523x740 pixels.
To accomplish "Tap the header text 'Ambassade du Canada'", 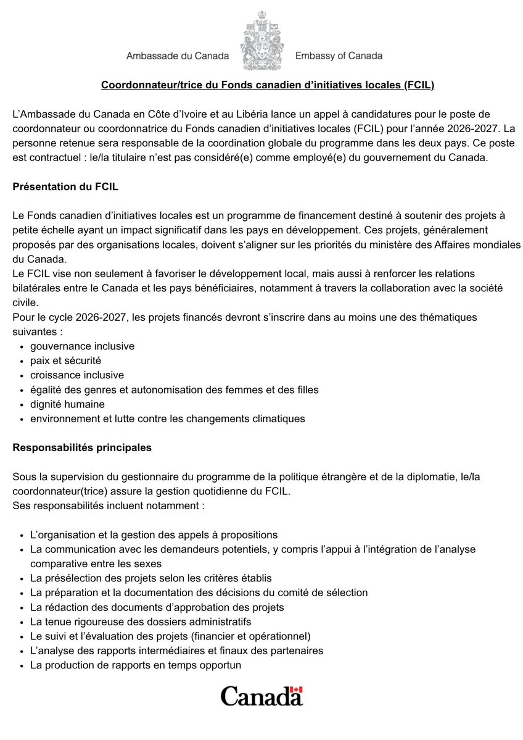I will (x=177, y=56).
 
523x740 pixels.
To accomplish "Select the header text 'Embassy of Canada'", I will (x=339, y=56).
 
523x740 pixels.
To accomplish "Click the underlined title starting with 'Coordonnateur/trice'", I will (x=268, y=85).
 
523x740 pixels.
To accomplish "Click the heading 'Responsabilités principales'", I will (x=82, y=447).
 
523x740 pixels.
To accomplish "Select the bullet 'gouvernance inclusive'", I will (x=82, y=346).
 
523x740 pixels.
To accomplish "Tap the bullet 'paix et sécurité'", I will (x=65, y=360).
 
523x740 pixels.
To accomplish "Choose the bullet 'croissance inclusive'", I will (x=77, y=375).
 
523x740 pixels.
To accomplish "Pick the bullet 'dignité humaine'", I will (x=67, y=404).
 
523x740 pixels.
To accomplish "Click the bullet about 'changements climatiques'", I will (x=167, y=418).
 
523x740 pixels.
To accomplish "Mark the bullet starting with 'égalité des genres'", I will (x=174, y=389).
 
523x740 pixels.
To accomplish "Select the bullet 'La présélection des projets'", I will (x=150, y=578).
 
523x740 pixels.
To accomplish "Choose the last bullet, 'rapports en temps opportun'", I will (x=135, y=665).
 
